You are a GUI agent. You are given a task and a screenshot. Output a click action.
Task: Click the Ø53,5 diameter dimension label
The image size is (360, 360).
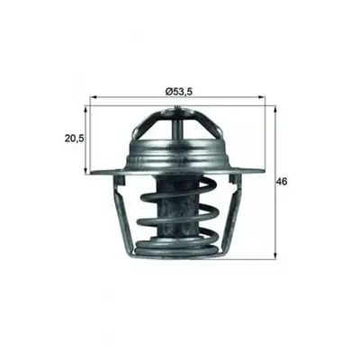(178, 91)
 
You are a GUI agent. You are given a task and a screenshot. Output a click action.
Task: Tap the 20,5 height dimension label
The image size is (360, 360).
(75, 139)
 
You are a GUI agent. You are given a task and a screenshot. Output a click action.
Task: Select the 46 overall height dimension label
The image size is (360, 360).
(282, 182)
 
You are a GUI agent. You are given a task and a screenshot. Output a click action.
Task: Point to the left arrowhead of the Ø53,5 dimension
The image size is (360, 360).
(94, 97)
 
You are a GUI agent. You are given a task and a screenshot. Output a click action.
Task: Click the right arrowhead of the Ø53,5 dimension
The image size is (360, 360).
(263, 97)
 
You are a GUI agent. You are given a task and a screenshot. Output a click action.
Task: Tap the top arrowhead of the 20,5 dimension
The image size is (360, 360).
(86, 109)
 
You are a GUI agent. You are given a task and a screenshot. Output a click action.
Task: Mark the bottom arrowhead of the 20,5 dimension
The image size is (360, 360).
(86, 171)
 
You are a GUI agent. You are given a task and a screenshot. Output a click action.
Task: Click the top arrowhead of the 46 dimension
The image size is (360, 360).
(275, 109)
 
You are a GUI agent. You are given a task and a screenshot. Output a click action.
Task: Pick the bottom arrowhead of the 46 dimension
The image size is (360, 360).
(275, 256)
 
